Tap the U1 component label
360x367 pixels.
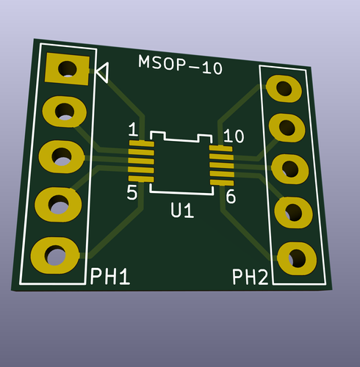tap(181, 211)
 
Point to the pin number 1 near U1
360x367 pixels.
tap(132, 131)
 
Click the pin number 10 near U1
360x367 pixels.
tap(234, 136)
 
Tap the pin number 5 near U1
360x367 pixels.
tap(132, 194)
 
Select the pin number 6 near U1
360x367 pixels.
tap(230, 197)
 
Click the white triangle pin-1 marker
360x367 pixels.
tap(102, 72)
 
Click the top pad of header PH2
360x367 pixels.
tap(283, 89)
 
